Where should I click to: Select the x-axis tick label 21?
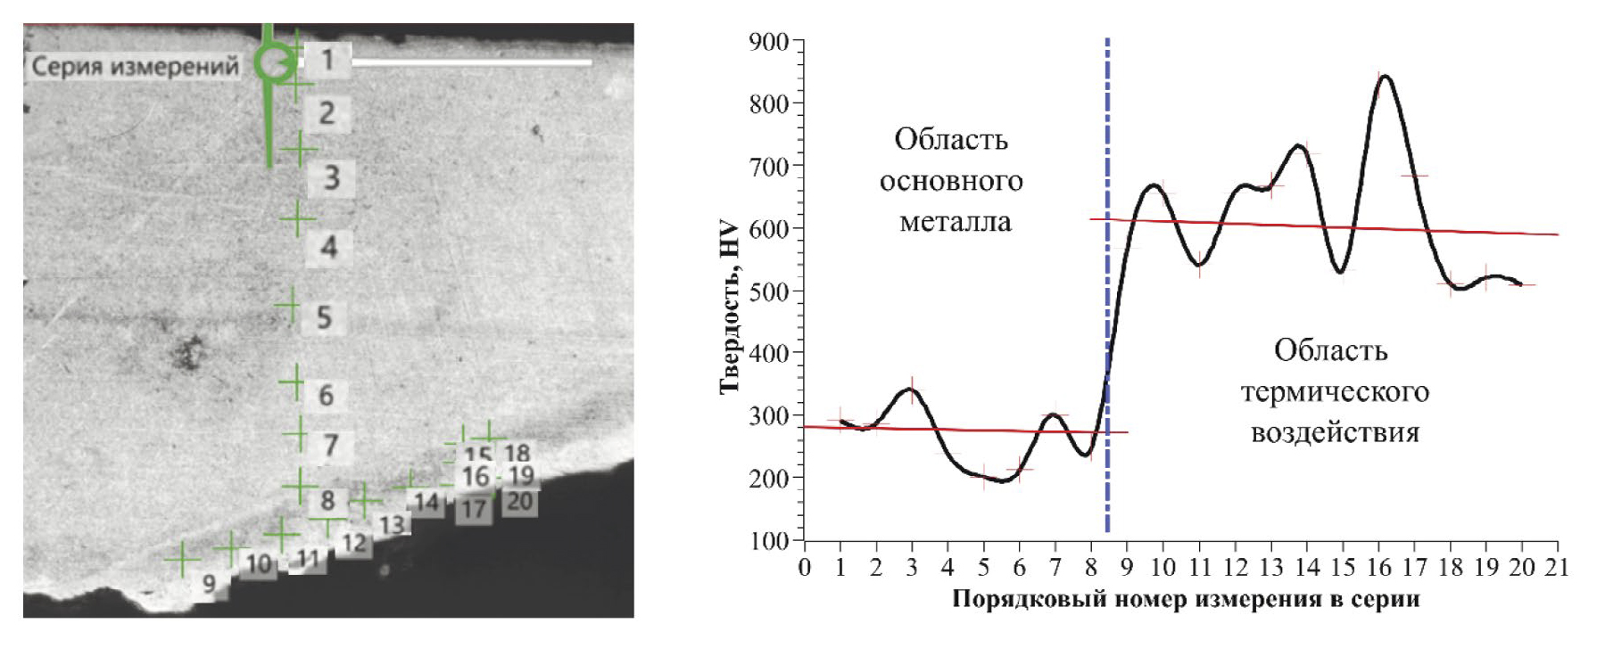[1556, 568]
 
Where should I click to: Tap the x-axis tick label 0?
[805, 568]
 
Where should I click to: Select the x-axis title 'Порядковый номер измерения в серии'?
[1185, 599]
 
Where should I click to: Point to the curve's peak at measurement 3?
[912, 389]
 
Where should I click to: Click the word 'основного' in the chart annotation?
[951, 181]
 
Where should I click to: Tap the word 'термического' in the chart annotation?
[1335, 392]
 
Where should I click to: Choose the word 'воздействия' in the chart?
[1335, 433]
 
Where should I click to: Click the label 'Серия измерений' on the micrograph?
[136, 66]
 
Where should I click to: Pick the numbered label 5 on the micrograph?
[325, 317]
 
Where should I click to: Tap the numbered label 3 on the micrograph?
[332, 177]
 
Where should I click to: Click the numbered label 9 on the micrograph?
[209, 584]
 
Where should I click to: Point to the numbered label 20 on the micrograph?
[519, 502]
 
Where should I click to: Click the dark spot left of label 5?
[187, 353]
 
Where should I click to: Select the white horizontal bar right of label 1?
[473, 62]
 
